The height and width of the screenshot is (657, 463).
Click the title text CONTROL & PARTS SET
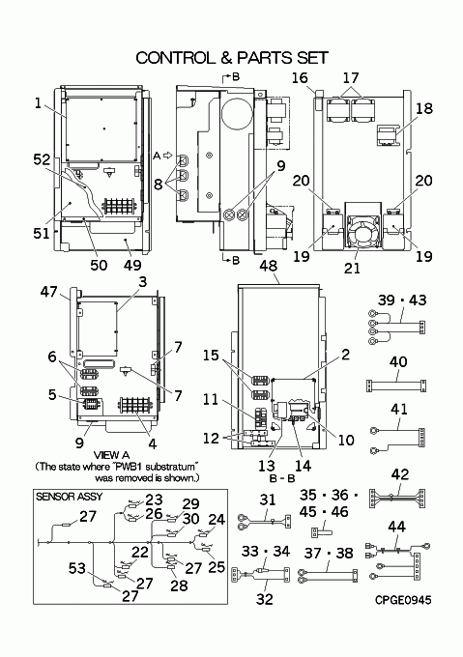tap(232, 58)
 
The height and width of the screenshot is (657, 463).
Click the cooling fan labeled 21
tap(362, 235)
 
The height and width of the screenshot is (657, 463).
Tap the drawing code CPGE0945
tap(403, 600)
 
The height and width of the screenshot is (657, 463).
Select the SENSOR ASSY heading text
tap(70, 497)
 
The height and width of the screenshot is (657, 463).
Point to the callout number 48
tap(268, 266)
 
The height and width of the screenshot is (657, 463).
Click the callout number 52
tap(43, 159)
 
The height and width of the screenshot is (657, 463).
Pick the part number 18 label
tap(424, 108)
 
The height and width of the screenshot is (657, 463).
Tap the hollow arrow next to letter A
tap(167, 156)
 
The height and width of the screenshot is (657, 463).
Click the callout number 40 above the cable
tap(398, 361)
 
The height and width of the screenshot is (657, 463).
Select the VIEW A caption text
tap(111, 455)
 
